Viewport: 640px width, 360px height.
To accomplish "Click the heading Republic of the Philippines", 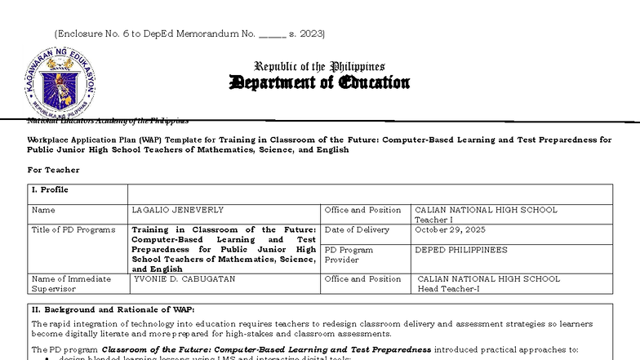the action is (319, 66).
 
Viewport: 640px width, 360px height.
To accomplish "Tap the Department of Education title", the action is (319, 82).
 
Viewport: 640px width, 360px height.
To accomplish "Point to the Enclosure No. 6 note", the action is (189, 33).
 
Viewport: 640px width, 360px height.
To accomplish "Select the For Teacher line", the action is (53, 170).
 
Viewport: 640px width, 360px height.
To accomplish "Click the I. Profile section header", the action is (50, 190).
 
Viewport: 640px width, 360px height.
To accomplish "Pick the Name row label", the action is (43, 210).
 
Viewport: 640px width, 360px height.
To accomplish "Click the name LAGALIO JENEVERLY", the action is (177, 210).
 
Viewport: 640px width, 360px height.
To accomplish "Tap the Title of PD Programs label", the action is (73, 230).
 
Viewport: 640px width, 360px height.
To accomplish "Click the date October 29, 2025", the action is (450, 230).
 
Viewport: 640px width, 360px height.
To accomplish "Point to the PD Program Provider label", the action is (349, 255).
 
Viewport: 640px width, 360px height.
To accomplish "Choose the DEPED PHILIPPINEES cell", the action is (460, 250).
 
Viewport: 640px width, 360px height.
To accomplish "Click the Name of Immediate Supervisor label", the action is (70, 283).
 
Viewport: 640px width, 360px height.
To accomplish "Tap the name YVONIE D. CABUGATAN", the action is (184, 279).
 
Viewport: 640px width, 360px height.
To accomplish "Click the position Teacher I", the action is (432, 220).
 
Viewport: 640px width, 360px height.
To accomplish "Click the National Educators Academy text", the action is (107, 121).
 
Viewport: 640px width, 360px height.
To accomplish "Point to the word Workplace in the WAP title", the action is (50, 140).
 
